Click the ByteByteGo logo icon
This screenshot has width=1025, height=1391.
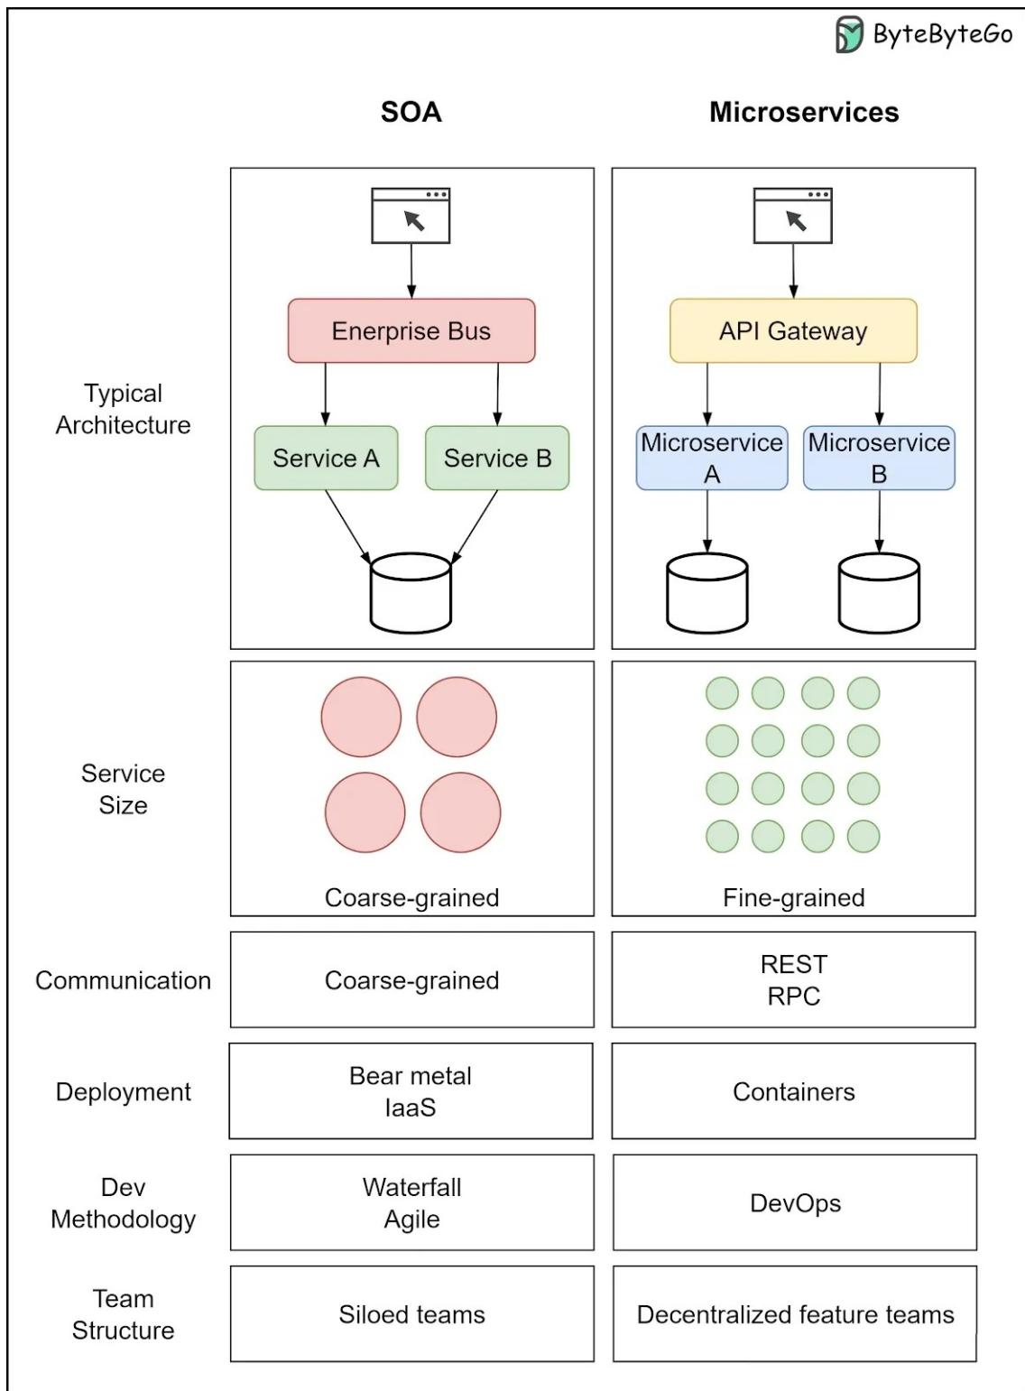(x=849, y=35)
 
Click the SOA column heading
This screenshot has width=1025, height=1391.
(x=411, y=113)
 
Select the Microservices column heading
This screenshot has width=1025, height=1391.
(x=804, y=113)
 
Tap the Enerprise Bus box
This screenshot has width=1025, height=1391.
(x=411, y=331)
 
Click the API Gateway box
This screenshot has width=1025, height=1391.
(x=793, y=331)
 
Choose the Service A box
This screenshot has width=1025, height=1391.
(x=326, y=459)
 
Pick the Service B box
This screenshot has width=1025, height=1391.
(x=497, y=459)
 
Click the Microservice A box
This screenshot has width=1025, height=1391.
(x=712, y=459)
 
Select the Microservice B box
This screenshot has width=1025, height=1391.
(x=879, y=459)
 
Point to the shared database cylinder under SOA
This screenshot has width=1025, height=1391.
(x=411, y=593)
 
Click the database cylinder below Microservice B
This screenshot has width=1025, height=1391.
(x=879, y=593)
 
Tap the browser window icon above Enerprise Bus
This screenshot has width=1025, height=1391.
(x=411, y=216)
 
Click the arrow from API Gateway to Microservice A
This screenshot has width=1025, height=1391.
(x=707, y=394)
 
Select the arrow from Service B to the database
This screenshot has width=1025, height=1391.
(x=476, y=526)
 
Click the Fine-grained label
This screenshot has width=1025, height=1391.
(x=793, y=898)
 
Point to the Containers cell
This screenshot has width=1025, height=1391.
(x=793, y=1091)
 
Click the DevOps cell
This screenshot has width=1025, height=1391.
(x=795, y=1203)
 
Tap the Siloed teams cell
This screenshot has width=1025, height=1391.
(x=411, y=1314)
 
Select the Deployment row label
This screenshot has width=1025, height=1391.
(x=123, y=1091)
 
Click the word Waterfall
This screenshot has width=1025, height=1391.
(x=411, y=1187)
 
